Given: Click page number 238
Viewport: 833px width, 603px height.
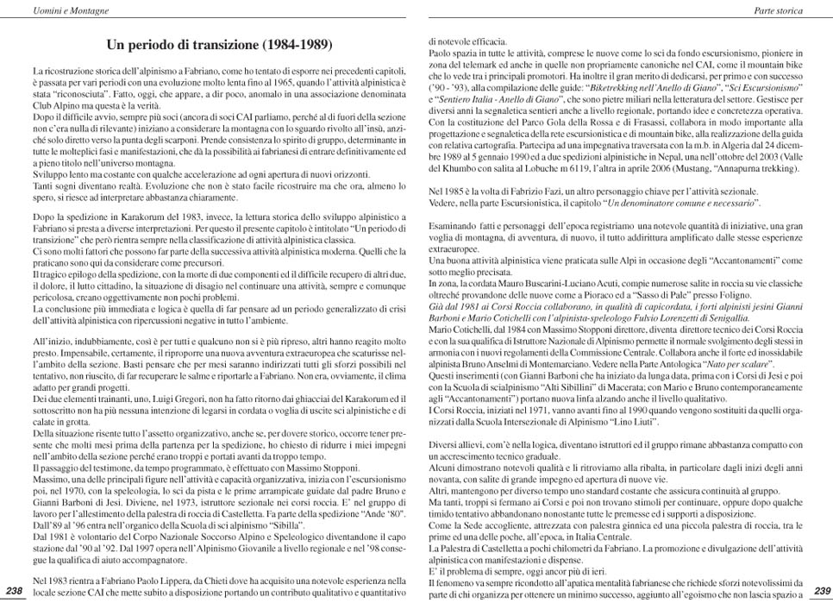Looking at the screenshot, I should pos(15,589).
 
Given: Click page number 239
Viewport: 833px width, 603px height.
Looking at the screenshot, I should pos(818,589).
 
